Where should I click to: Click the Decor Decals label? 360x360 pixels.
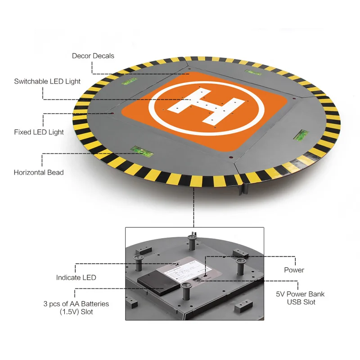(x=93, y=56)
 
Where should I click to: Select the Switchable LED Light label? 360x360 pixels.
(x=47, y=81)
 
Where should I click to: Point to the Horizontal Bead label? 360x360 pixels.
(x=39, y=172)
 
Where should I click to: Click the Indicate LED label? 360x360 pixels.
(x=76, y=278)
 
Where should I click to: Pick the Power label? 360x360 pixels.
(x=294, y=270)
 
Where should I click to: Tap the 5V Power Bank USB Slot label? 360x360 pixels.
(x=300, y=298)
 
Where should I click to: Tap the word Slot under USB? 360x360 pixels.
(x=308, y=302)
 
